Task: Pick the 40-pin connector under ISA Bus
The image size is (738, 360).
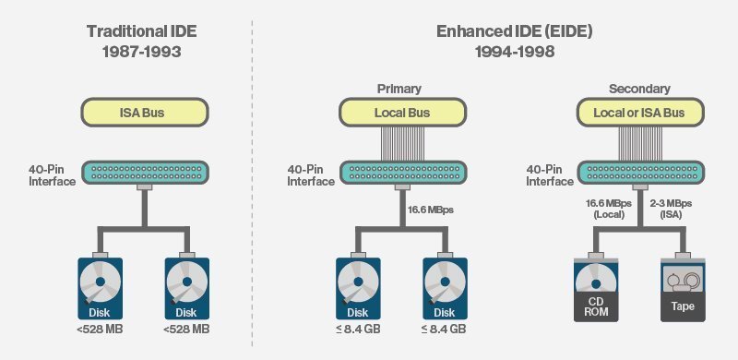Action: [146, 173]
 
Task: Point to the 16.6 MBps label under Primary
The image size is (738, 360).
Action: [434, 209]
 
